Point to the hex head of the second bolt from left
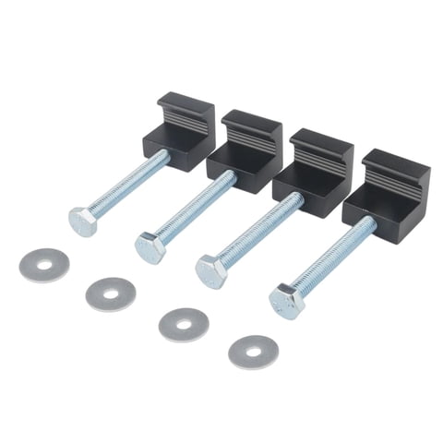(150, 247)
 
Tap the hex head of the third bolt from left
(211, 270)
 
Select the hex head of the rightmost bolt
(285, 300)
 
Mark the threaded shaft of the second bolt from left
(194, 208)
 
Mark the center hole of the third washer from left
(184, 322)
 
